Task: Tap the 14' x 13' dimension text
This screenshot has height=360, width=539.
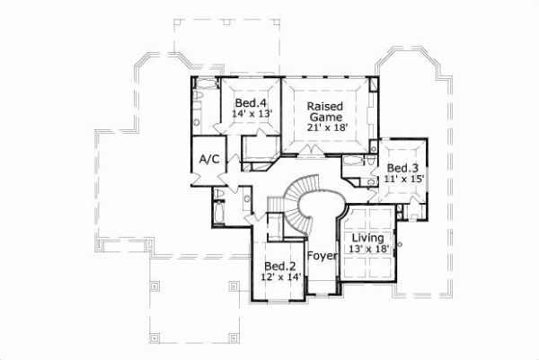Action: tap(251, 114)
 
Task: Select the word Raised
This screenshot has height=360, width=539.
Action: tap(325, 105)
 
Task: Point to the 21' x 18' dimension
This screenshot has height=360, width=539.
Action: tap(325, 127)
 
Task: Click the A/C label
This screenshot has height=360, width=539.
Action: tap(208, 159)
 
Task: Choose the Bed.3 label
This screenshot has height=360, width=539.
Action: tap(402, 168)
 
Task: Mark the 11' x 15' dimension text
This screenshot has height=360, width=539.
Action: tap(403, 180)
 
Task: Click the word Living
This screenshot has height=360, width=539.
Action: tap(368, 237)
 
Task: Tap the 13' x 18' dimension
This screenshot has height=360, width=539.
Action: tap(368, 249)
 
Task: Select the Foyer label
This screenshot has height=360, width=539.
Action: tap(321, 255)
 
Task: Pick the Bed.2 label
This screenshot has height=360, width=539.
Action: tap(279, 266)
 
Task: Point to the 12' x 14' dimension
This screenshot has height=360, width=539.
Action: tap(279, 277)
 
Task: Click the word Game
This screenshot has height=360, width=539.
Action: tap(325, 116)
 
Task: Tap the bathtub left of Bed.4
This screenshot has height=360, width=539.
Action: tap(201, 89)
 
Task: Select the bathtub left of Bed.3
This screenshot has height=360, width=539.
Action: tap(354, 161)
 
